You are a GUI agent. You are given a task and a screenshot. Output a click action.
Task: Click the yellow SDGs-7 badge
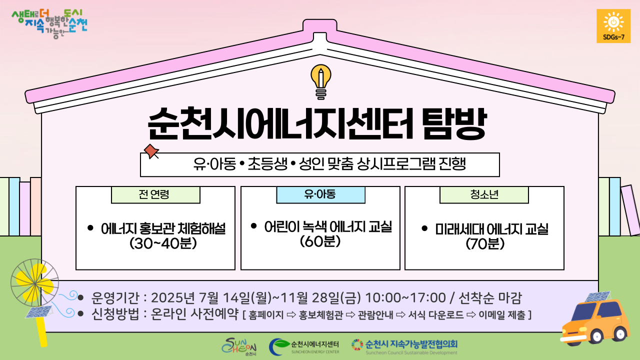pos(613,26)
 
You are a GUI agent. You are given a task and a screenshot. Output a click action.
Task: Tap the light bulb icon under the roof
pos(321,81)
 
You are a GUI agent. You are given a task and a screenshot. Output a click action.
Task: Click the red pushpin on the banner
pos(151,151)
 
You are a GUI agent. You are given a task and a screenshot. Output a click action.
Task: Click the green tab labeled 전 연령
pos(155,195)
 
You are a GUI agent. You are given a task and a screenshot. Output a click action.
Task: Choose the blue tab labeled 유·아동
pos(320,195)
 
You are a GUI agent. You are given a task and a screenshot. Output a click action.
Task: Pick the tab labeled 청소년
pos(484,195)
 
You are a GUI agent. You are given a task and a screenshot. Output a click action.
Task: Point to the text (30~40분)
pos(163,243)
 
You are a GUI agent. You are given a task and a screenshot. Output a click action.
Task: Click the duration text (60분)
pos(320,241)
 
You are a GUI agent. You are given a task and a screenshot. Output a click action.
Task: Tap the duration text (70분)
pos(485,243)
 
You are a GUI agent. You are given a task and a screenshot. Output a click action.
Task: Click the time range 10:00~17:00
pos(405,297)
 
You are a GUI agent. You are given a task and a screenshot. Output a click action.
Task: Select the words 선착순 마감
pos(490,297)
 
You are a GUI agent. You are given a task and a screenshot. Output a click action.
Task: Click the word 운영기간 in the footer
pos(115,297)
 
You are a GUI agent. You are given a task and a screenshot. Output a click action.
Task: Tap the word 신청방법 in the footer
pos(115,314)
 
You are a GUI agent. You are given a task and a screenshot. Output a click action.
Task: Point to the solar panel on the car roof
pos(597,297)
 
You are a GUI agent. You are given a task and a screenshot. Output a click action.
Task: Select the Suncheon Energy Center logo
pos(304,346)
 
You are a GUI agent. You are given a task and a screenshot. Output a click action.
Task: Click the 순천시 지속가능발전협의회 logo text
pos(411,343)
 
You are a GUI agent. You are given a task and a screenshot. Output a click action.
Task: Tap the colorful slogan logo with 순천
pos(49,24)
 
